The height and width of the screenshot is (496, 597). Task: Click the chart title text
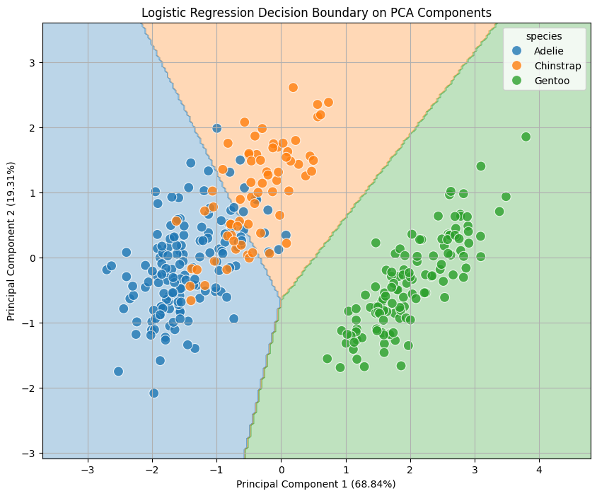(316, 13)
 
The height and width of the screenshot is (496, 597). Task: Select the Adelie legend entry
(548, 51)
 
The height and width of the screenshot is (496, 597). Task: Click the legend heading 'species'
(544, 37)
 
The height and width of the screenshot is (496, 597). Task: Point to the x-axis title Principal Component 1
(315, 484)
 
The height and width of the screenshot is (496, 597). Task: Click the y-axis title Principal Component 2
(12, 241)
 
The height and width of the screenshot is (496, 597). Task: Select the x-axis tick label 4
(538, 469)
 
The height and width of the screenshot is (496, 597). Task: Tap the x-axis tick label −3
(87, 469)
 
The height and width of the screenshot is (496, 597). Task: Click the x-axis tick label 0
(281, 469)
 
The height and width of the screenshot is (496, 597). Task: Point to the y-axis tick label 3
(32, 63)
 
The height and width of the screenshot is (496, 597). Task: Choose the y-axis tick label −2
(29, 388)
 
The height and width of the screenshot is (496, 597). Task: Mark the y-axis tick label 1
(32, 193)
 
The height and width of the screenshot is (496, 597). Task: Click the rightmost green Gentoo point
(526, 137)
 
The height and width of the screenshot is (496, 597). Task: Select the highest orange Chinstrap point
(293, 88)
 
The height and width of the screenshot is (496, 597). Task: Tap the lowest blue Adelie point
(153, 393)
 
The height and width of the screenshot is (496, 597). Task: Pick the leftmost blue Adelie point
(107, 270)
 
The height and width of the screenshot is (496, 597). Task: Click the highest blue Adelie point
(217, 128)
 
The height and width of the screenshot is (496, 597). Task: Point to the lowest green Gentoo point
(340, 367)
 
